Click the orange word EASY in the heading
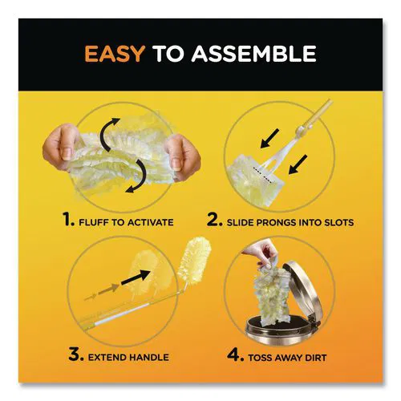115,54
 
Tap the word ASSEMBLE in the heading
254,54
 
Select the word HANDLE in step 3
148,357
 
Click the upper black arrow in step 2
269,138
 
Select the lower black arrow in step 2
298,164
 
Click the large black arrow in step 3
136,277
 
